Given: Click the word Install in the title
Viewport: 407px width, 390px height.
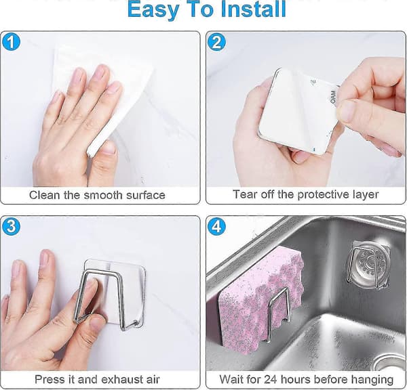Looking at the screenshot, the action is (253, 9).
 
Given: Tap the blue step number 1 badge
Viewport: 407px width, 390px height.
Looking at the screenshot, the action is (11, 42).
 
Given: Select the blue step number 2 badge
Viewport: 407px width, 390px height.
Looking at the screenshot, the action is (217, 42).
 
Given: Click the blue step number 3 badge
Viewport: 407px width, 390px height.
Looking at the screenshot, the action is (11, 227).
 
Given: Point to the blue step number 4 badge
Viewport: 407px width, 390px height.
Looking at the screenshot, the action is (217, 227).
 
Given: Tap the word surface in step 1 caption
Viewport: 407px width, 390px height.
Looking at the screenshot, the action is (146, 195).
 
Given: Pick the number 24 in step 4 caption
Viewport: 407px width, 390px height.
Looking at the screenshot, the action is (271, 379).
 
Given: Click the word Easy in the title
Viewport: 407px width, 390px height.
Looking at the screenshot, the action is (153, 10).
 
